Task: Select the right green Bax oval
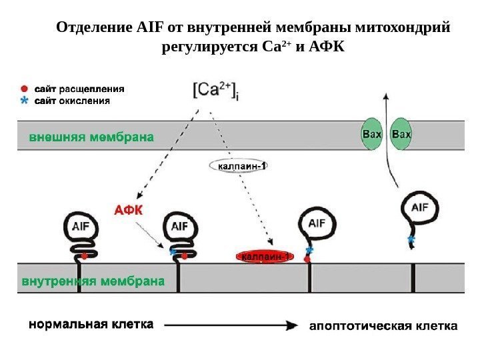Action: click(x=401, y=134)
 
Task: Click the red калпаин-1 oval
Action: click(x=264, y=257)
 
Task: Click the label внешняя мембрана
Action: click(x=91, y=137)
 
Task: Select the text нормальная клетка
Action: click(x=90, y=325)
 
